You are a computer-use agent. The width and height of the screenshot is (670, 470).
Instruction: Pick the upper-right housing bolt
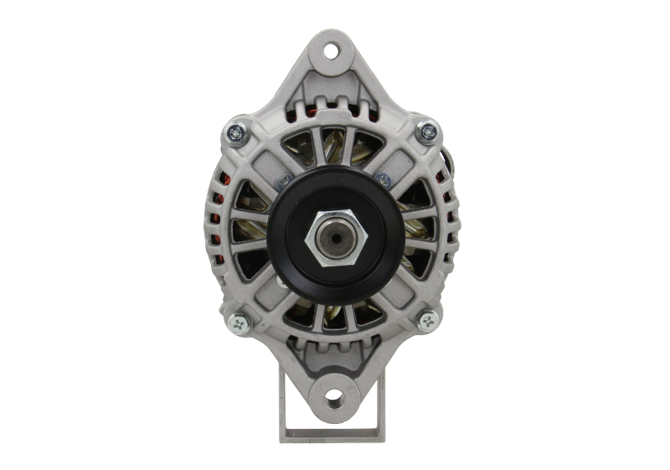(428, 130)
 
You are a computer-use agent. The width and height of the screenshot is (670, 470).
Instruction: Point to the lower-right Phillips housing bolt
(428, 319)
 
